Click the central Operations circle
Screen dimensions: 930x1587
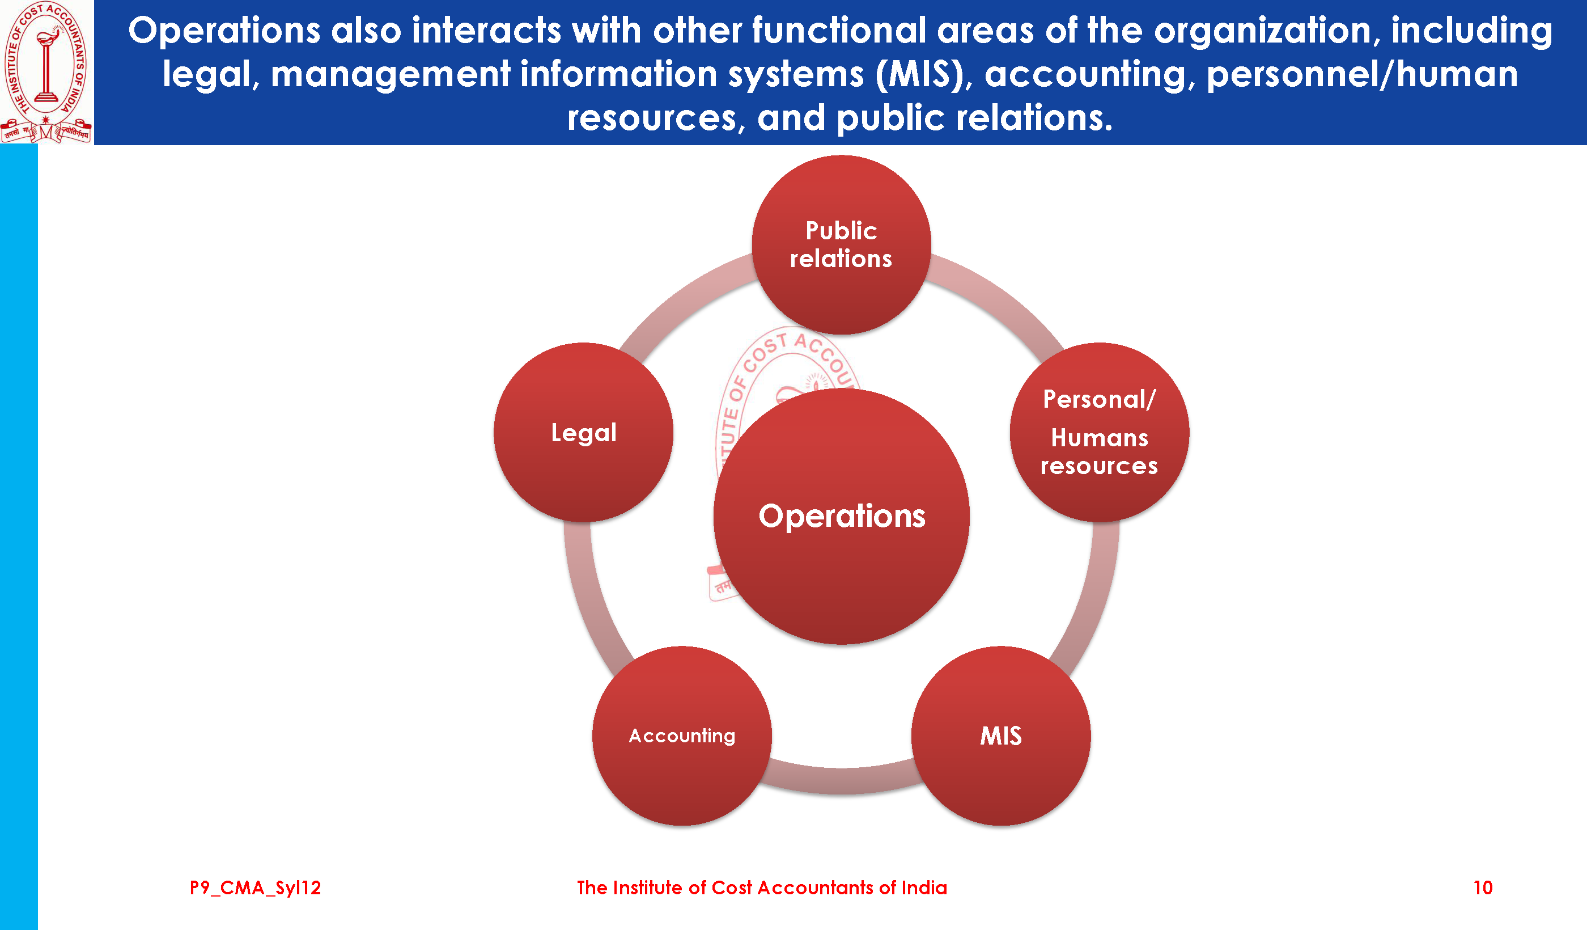click(841, 516)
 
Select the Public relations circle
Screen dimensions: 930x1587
click(841, 244)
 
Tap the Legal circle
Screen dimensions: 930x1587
click(583, 433)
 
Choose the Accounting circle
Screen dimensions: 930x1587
click(681, 736)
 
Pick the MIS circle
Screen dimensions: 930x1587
click(1001, 736)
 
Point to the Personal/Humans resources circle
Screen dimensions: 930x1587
click(1099, 433)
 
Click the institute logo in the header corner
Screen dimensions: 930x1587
click(46, 72)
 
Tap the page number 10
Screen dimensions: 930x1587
click(1483, 888)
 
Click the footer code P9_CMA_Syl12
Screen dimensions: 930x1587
click(255, 888)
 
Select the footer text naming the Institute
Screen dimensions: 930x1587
click(761, 888)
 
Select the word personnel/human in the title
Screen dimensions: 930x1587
click(1361, 74)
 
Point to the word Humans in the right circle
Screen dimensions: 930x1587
click(1099, 438)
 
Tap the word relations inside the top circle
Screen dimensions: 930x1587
click(841, 259)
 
